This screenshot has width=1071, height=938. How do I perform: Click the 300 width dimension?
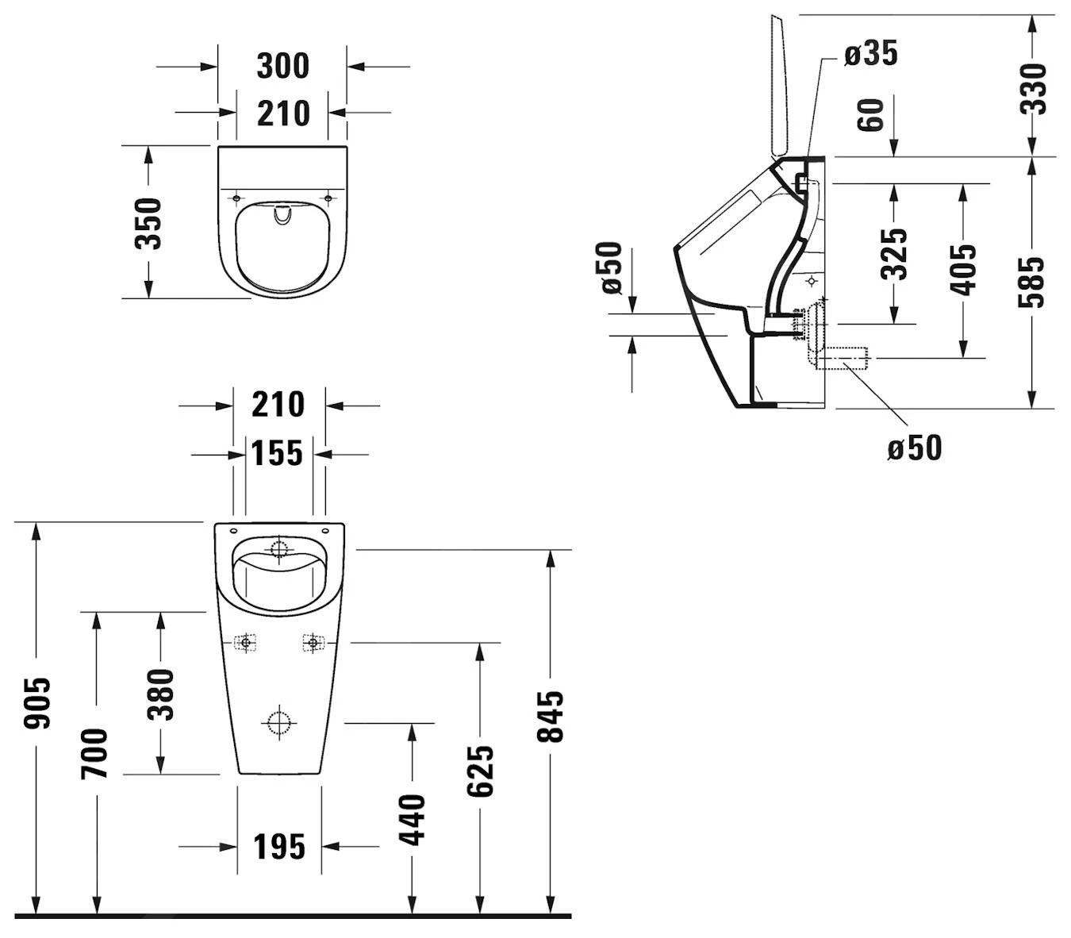pyautogui.click(x=282, y=66)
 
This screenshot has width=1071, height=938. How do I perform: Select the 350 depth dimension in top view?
pyautogui.click(x=148, y=223)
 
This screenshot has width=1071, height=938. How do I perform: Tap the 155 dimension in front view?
pyautogui.click(x=277, y=454)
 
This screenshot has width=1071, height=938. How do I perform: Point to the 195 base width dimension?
pyautogui.click(x=279, y=847)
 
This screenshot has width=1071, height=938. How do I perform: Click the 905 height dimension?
pyautogui.click(x=36, y=703)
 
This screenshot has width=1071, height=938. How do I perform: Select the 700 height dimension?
pyautogui.click(x=95, y=753)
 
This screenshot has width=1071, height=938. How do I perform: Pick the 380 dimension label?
pyautogui.click(x=161, y=694)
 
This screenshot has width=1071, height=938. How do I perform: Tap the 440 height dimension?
pyautogui.click(x=412, y=819)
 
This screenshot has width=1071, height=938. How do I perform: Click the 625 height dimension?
pyautogui.click(x=480, y=770)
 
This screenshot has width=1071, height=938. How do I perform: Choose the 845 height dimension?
pyautogui.click(x=550, y=716)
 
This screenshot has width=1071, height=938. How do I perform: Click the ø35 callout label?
pyautogui.click(x=870, y=54)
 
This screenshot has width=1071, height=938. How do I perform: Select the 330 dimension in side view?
pyautogui.click(x=1033, y=88)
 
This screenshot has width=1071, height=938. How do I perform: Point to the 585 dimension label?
pyautogui.click(x=1033, y=282)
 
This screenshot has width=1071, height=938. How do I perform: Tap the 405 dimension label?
pyautogui.click(x=963, y=270)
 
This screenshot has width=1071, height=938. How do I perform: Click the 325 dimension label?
pyautogui.click(x=894, y=254)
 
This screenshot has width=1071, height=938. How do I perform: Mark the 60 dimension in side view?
pyautogui.click(x=871, y=115)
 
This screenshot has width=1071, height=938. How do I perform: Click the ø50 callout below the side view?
pyautogui.click(x=915, y=448)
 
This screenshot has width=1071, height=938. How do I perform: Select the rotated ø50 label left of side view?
pyautogui.click(x=611, y=268)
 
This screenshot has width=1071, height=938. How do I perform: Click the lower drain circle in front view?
pyautogui.click(x=278, y=723)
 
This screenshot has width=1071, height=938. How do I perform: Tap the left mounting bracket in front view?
pyautogui.click(x=246, y=642)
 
